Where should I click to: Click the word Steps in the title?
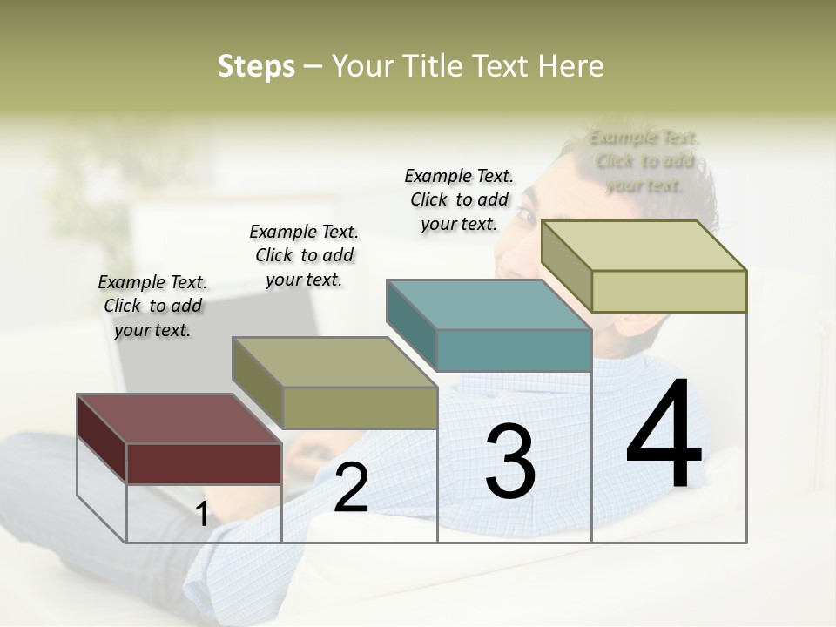[x=256, y=66]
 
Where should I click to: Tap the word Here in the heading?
[x=571, y=66]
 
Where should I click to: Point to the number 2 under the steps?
[x=351, y=489]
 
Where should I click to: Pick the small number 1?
[x=202, y=515]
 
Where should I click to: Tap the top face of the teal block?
[x=488, y=305]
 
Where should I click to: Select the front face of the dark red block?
[x=204, y=462]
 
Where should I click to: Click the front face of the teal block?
[x=514, y=351]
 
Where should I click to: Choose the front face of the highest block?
[x=669, y=291]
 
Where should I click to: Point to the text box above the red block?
[x=152, y=306]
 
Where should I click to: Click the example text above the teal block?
[x=459, y=199]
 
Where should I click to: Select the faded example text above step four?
[x=644, y=161]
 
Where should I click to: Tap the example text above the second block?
[x=304, y=255]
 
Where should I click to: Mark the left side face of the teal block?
[x=411, y=324]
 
